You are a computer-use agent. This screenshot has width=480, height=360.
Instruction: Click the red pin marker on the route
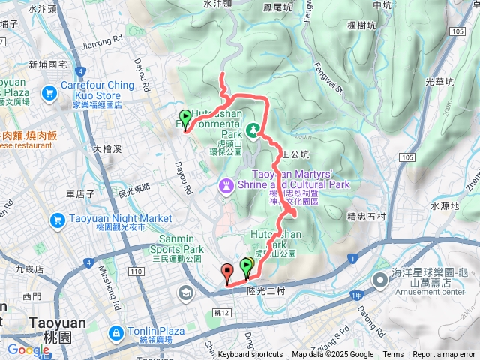[227, 272]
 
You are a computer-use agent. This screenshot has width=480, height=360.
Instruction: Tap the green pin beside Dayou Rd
[185, 117]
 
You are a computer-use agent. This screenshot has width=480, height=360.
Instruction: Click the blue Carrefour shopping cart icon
[49, 93]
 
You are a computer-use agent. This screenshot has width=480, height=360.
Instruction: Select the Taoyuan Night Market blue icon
[58, 220]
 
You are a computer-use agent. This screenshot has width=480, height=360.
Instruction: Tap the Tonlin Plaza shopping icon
[116, 331]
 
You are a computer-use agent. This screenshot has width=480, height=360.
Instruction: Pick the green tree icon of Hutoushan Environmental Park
[253, 130]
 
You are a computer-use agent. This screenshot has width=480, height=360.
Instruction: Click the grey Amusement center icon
[381, 280]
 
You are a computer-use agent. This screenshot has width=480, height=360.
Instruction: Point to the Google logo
[28, 350]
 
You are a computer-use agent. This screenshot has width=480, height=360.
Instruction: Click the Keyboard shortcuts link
[250, 355]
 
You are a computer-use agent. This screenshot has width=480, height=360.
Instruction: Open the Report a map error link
[444, 355]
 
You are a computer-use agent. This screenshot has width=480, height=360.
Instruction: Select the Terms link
[393, 355]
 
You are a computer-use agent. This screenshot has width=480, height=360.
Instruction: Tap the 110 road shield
[136, 271]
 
